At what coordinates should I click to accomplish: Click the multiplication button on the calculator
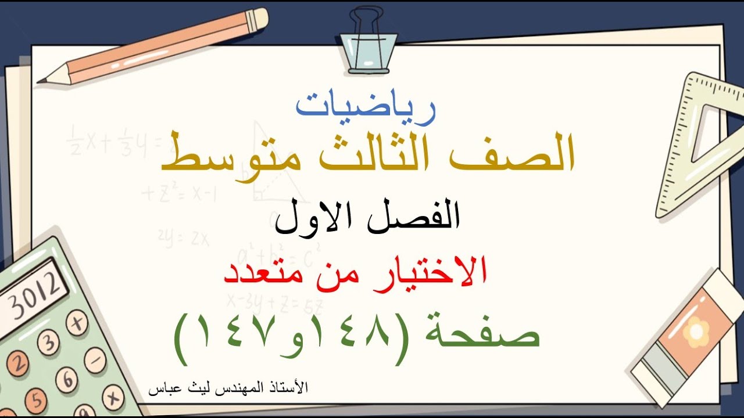(x=113, y=398)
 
